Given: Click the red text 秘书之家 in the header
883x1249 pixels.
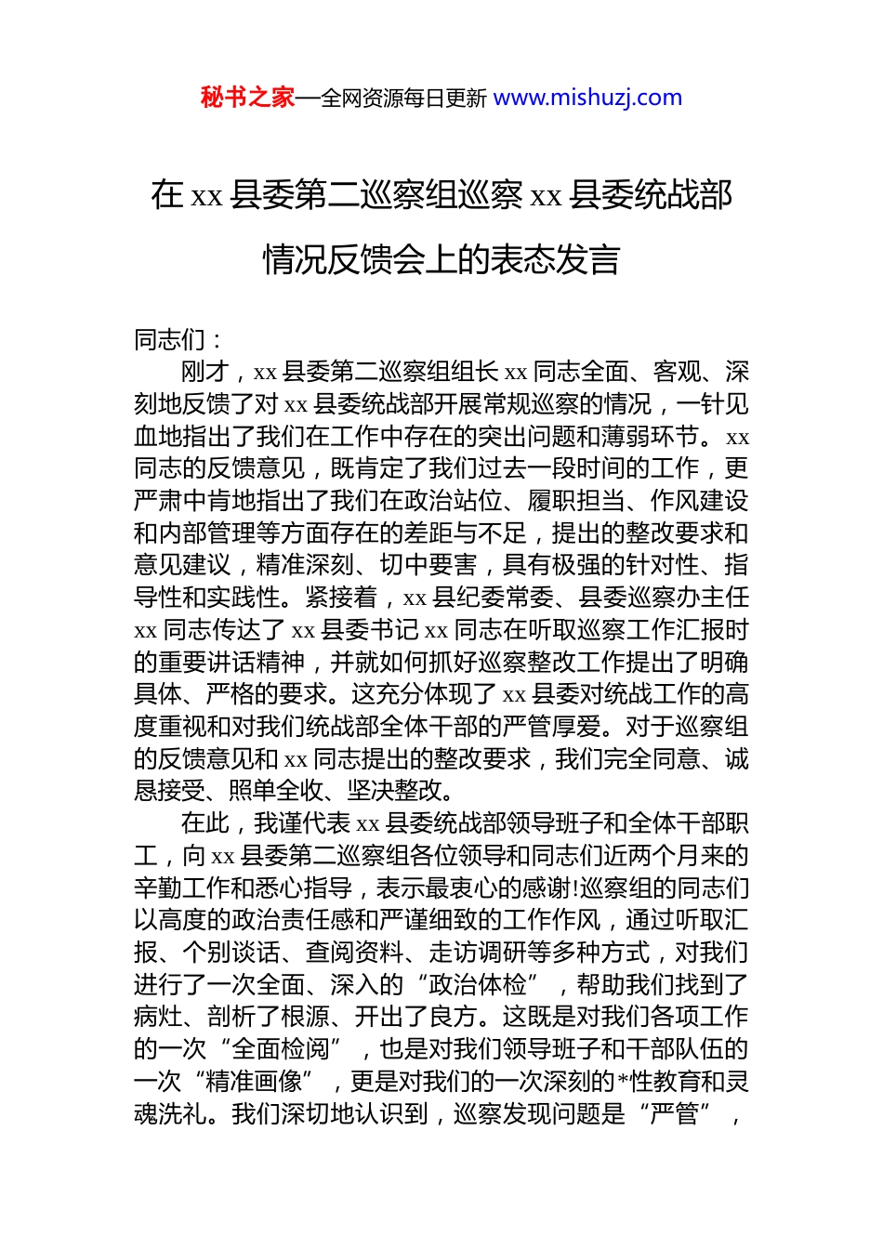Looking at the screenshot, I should pos(247,98).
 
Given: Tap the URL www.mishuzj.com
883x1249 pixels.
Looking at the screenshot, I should pos(587,98).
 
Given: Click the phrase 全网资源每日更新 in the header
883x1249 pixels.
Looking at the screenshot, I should pos(403,99).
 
